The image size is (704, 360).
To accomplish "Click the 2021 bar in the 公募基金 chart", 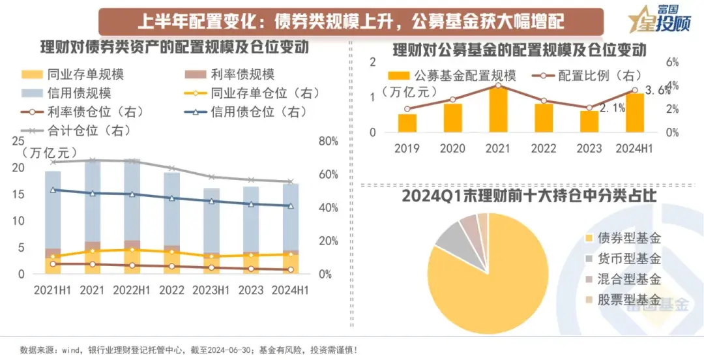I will coord(498,109).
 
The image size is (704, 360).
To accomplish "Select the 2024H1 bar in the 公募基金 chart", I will coord(634,112).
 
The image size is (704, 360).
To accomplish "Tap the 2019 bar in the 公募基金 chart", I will coord(407,123).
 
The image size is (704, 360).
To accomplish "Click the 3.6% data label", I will coord(657,91).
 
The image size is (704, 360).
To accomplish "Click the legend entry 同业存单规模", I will coord(84,74).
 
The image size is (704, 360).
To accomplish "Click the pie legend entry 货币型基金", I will coord(629,259).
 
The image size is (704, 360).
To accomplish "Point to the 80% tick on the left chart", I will coord(329,142).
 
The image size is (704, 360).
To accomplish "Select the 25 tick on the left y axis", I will coord(18,142).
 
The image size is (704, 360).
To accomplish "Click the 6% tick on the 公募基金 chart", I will coord(671,62).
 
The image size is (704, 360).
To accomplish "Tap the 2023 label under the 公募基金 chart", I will coord(589,149).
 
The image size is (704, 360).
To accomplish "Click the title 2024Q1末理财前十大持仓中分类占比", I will coord(529,196).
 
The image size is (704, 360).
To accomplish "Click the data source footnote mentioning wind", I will coord(189,350).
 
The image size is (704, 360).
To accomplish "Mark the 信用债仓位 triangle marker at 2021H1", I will coord(53,190).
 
